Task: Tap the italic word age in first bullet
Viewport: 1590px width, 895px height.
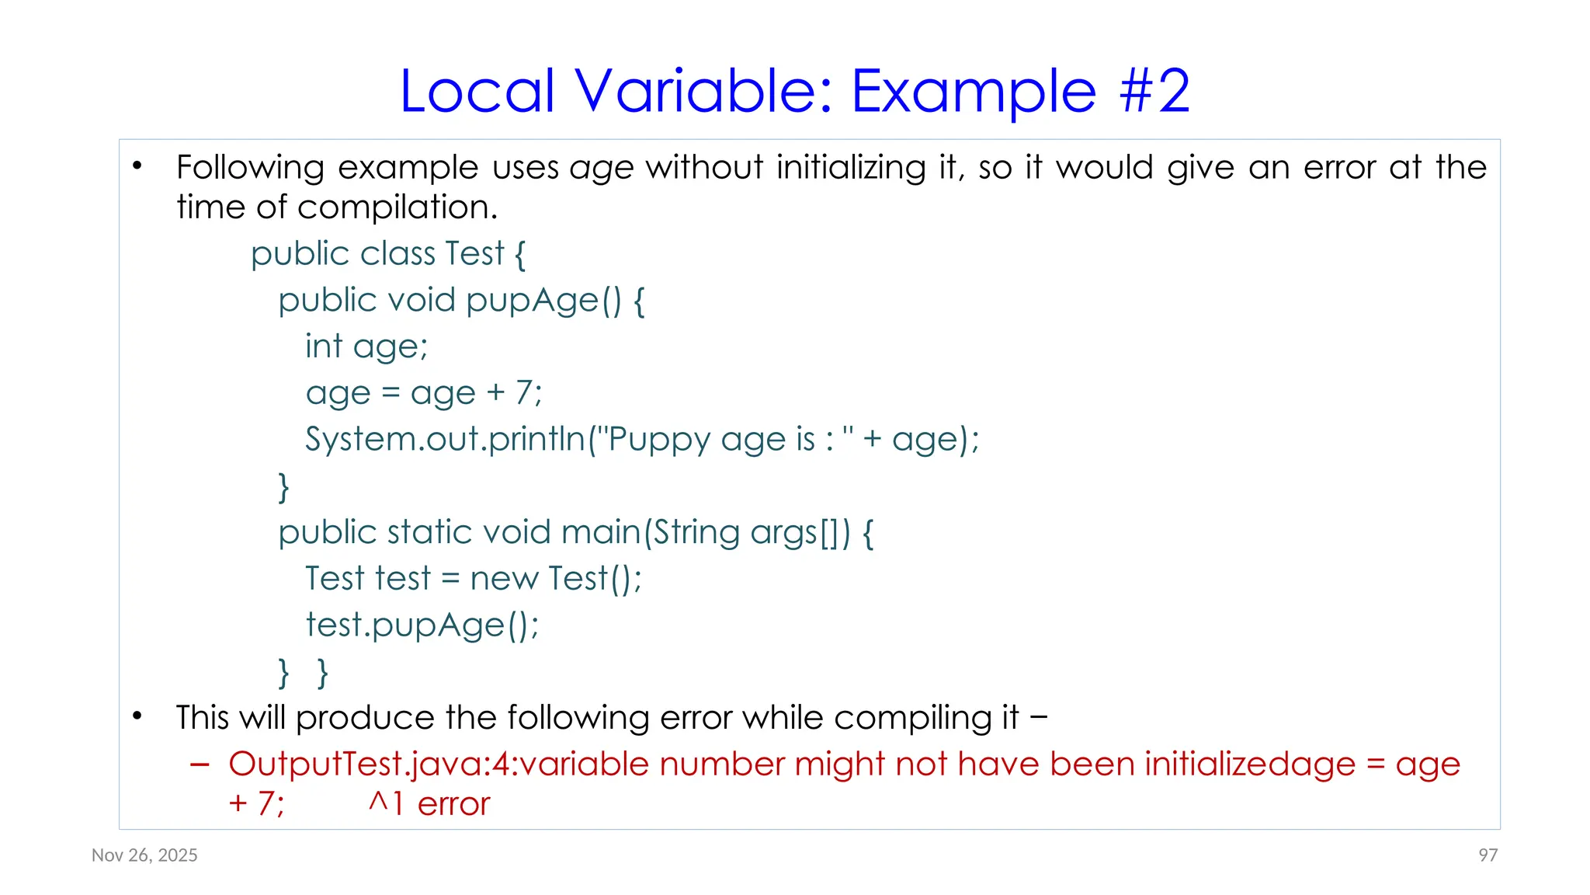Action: point(602,169)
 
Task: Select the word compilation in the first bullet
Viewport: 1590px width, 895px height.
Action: point(397,207)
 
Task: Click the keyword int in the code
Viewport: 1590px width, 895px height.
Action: point(324,347)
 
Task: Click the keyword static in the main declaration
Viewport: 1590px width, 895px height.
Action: point(430,532)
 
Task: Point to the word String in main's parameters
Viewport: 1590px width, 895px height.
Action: point(696,533)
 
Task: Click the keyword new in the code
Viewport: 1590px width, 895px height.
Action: point(504,579)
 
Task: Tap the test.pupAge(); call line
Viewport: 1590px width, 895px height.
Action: point(422,625)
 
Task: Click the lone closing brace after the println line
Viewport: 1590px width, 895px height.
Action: point(284,487)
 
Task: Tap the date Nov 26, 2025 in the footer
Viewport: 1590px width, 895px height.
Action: point(144,855)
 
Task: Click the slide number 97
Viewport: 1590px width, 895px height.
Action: point(1488,855)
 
